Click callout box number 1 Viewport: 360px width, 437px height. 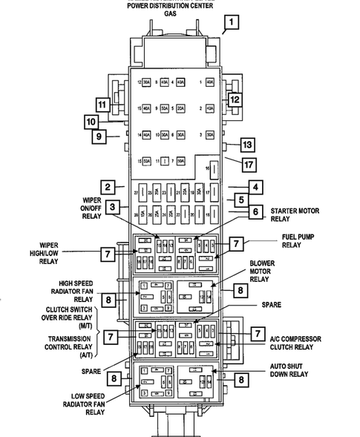233,22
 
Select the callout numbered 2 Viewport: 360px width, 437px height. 108,187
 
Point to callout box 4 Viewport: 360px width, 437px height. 255,187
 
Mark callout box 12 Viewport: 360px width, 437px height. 234,99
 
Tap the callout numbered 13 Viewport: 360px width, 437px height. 247,145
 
